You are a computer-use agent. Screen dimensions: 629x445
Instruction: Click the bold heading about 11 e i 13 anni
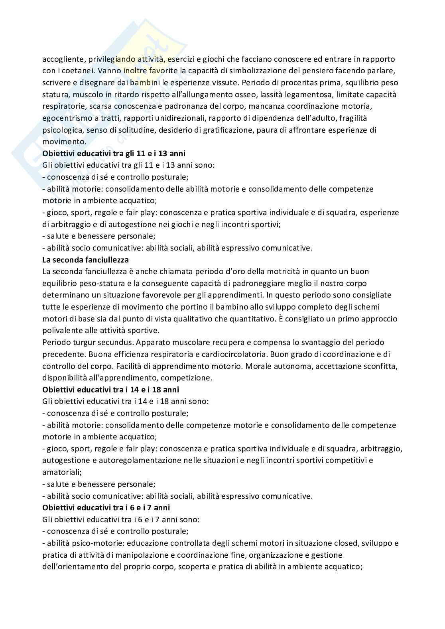click(114, 153)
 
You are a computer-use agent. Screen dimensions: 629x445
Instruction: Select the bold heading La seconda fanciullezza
click(85, 260)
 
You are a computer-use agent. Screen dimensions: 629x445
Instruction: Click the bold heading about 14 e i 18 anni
click(110, 390)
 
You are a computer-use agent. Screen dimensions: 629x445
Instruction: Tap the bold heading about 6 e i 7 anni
click(106, 508)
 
